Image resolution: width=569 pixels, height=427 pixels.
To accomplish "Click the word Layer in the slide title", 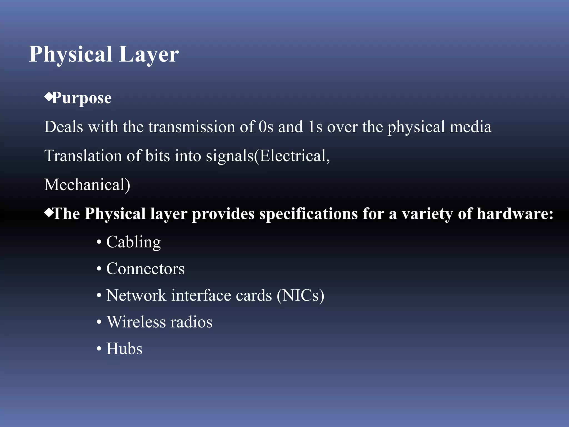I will coord(149,54).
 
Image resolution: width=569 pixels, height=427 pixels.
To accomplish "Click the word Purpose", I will coord(82,98).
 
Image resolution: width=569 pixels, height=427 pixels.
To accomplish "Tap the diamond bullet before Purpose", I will coord(48,96).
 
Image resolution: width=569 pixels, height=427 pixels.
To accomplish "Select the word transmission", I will coord(192,127).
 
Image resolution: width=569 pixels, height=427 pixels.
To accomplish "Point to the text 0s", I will coord(266,127).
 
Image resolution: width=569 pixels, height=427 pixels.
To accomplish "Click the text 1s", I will coord(315,127).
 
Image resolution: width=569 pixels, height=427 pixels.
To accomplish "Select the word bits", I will coord(157,156).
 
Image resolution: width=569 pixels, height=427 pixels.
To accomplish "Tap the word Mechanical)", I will coord(87,185).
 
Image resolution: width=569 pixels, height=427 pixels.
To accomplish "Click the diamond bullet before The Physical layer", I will coord(48,213).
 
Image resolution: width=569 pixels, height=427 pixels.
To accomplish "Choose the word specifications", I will coord(308,214).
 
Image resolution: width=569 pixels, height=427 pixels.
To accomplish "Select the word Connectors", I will coord(145,269).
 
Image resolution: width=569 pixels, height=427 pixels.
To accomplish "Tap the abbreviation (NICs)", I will coord(300,296).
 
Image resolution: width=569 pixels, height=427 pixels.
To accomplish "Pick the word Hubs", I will coord(124,349).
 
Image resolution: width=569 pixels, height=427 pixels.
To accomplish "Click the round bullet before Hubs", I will coord(99,349).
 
